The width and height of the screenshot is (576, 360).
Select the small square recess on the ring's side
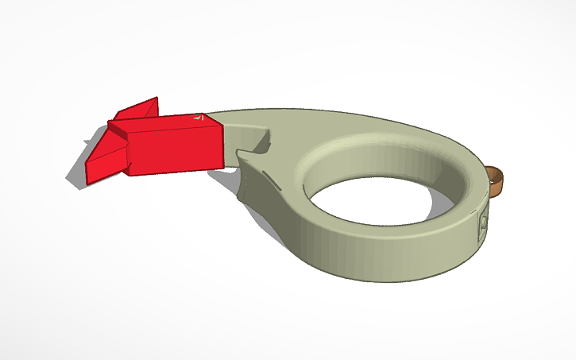pyautogui.click(x=481, y=224)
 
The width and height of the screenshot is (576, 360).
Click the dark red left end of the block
pyautogui.click(x=119, y=151)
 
